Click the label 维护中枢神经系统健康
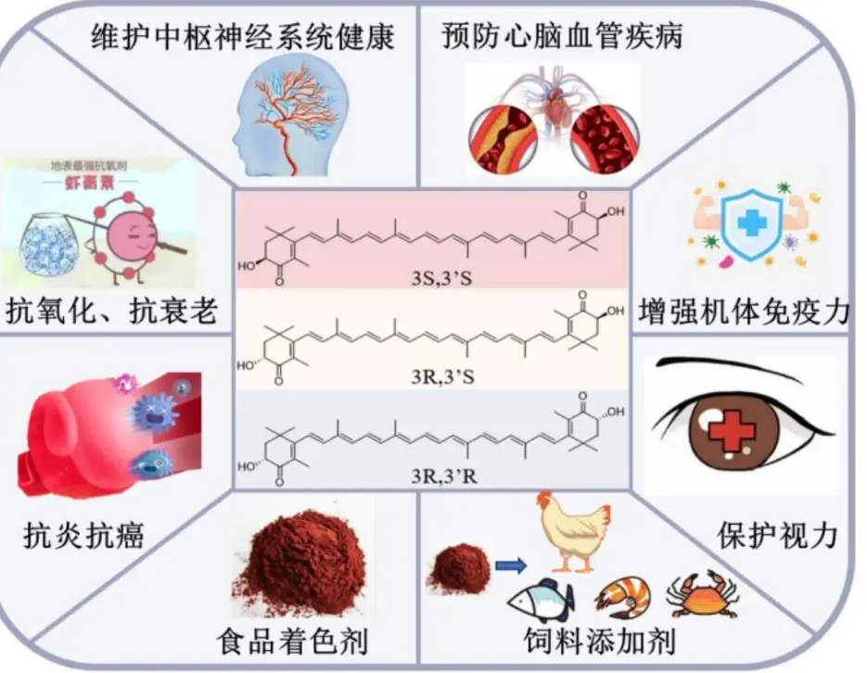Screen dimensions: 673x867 [243, 38]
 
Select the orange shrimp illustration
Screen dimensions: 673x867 [622, 598]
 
